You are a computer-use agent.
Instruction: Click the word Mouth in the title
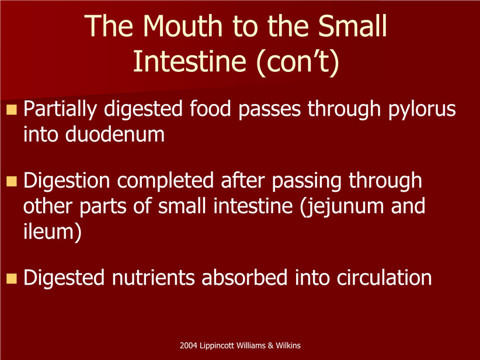(x=182, y=26)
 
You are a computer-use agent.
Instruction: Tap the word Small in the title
(x=352, y=26)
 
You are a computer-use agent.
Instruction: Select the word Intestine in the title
(x=190, y=61)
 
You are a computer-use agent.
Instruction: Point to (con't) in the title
(x=298, y=62)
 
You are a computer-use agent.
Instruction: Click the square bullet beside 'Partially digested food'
(x=12, y=109)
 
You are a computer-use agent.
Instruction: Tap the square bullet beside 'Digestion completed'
(x=12, y=181)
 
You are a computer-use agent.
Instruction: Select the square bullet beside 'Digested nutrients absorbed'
(x=12, y=278)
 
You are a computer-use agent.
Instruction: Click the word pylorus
(x=422, y=110)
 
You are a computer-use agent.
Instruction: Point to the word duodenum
(x=115, y=134)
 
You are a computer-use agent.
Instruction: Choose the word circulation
(x=384, y=278)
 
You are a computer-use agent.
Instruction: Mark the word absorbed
(x=244, y=278)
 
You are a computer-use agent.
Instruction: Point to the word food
(x=210, y=109)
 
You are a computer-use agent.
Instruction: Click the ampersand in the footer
(x=270, y=345)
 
